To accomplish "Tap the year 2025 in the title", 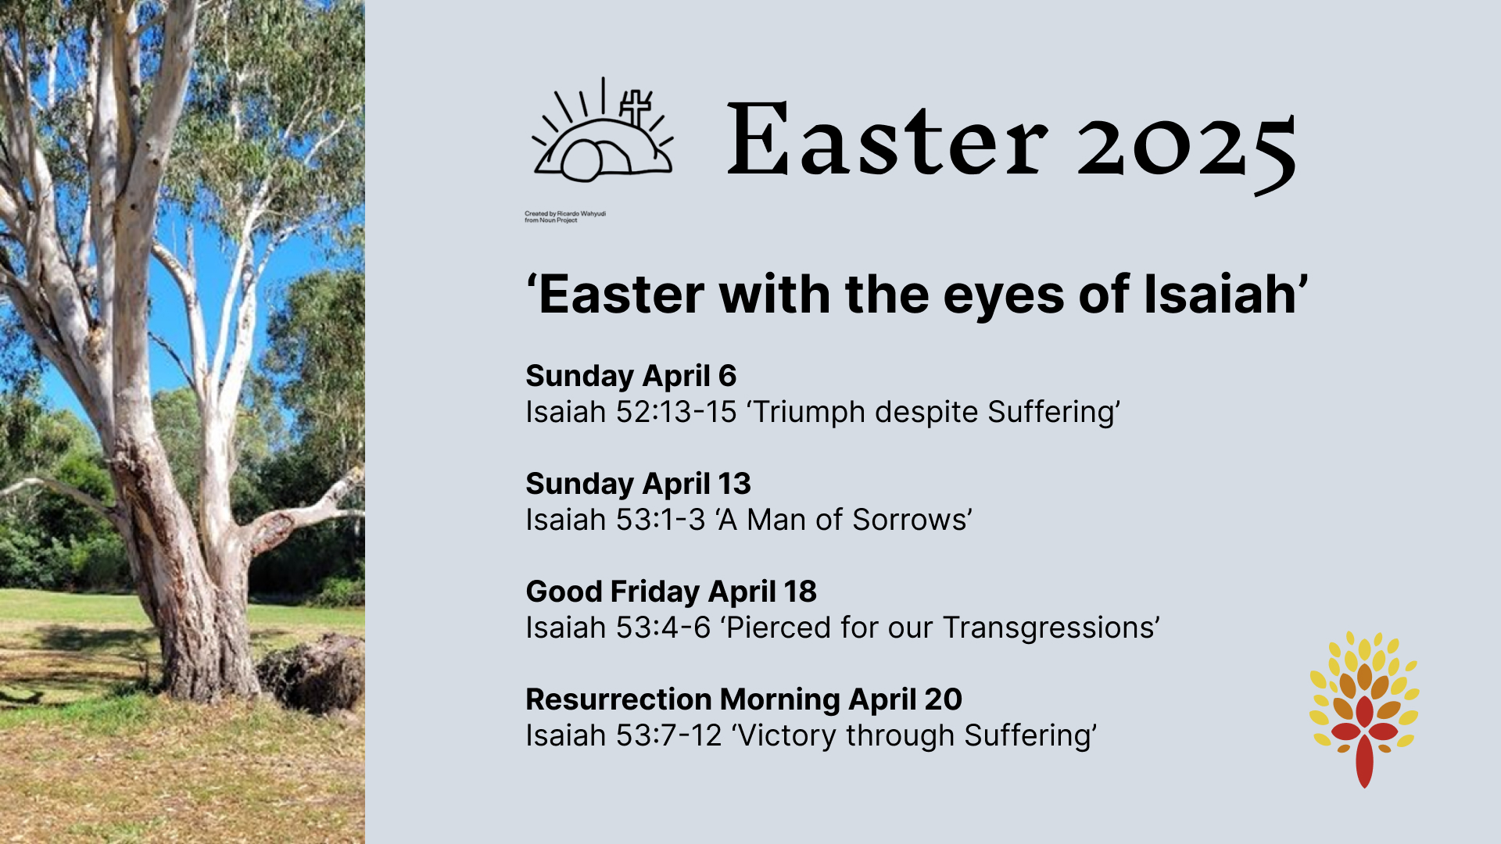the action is [1187, 148].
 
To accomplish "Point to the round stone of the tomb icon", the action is [582, 161].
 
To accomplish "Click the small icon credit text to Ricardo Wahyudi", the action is [565, 216].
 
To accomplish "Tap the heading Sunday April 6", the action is [631, 377].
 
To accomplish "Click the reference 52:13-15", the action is [676, 412].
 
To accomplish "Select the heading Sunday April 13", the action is [638, 485].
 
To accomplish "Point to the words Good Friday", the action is [613, 592].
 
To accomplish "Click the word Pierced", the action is [783, 628].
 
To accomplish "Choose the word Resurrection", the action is [618, 699].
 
